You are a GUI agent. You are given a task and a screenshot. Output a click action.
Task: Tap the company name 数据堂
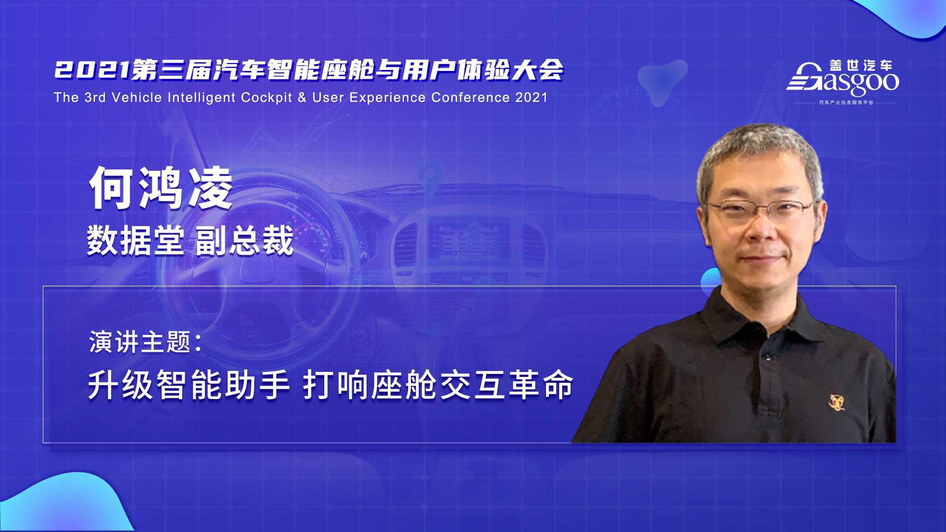coord(136,241)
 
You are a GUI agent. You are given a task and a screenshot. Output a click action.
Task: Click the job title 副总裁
coord(245,241)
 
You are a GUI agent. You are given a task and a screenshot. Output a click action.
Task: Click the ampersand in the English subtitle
coord(303,98)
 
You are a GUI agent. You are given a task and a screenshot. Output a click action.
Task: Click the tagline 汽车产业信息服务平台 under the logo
coord(846,102)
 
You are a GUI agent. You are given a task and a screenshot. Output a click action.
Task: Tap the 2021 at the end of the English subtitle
coord(532,98)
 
